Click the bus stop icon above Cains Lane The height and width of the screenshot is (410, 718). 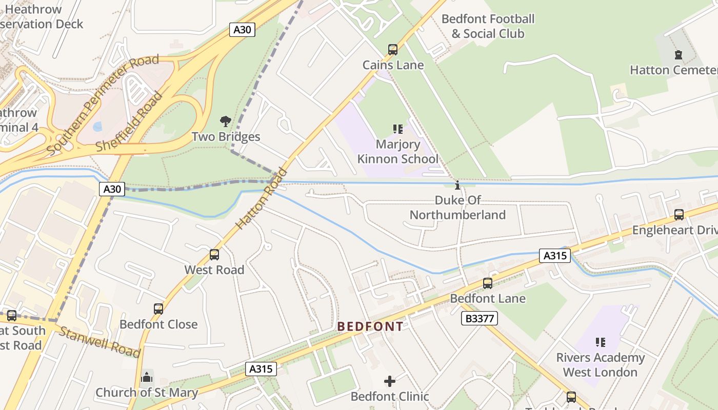pyautogui.click(x=393, y=50)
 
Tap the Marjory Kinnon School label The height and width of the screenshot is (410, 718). pyautogui.click(x=398, y=152)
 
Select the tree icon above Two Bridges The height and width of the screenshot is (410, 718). pyautogui.click(x=225, y=121)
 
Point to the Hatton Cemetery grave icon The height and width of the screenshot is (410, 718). pyautogui.click(x=679, y=55)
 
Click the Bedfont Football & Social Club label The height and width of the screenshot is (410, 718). pyautogui.click(x=488, y=27)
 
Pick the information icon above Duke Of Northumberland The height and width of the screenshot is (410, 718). pyautogui.click(x=457, y=185)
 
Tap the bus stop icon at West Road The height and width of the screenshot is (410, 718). pyautogui.click(x=214, y=255)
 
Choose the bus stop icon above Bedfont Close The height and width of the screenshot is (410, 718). pyautogui.click(x=158, y=309)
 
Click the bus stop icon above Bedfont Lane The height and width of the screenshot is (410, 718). pyautogui.click(x=488, y=283)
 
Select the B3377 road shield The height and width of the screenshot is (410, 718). pyautogui.click(x=479, y=319)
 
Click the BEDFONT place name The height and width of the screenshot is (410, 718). pyautogui.click(x=370, y=326)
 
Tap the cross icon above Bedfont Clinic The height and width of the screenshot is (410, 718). pyautogui.click(x=390, y=381)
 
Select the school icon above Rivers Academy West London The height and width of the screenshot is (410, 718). pyautogui.click(x=600, y=342)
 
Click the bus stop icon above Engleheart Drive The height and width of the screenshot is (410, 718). pyautogui.click(x=679, y=215)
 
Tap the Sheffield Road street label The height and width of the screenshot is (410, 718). pyautogui.click(x=130, y=122)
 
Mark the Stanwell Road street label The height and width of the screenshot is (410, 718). pyautogui.click(x=99, y=341)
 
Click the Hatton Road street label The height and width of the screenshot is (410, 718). pyautogui.click(x=262, y=199)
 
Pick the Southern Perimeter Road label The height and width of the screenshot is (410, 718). pyautogui.click(x=103, y=105)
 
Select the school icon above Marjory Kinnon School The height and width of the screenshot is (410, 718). pyautogui.click(x=397, y=129)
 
